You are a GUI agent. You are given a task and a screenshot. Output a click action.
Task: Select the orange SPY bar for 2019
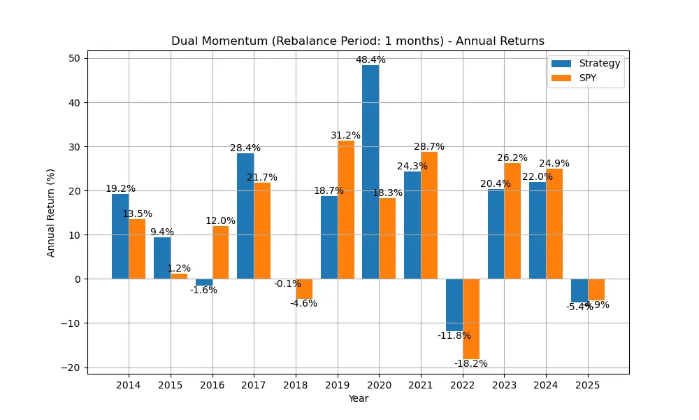pos(346,210)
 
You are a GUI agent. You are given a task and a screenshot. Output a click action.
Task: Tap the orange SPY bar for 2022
pos(471,318)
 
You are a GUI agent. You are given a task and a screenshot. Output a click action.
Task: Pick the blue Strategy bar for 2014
pos(120,237)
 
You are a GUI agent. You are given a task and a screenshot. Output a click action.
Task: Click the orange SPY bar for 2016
pos(220,252)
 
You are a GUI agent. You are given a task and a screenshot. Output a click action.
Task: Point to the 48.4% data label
pos(370,60)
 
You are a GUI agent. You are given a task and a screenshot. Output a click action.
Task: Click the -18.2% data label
pos(471,363)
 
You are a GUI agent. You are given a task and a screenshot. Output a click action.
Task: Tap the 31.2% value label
pos(346,135)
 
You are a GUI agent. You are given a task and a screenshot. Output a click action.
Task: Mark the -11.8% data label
pos(454,335)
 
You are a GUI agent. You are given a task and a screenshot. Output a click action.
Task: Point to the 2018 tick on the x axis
pos(296,386)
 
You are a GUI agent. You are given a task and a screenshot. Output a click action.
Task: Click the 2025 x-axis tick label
pos(588,386)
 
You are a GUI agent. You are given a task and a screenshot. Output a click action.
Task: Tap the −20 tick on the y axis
pos(72,367)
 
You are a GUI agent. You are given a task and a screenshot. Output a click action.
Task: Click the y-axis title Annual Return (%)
pos(51,212)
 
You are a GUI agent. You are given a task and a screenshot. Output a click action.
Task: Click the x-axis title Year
pos(358,399)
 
